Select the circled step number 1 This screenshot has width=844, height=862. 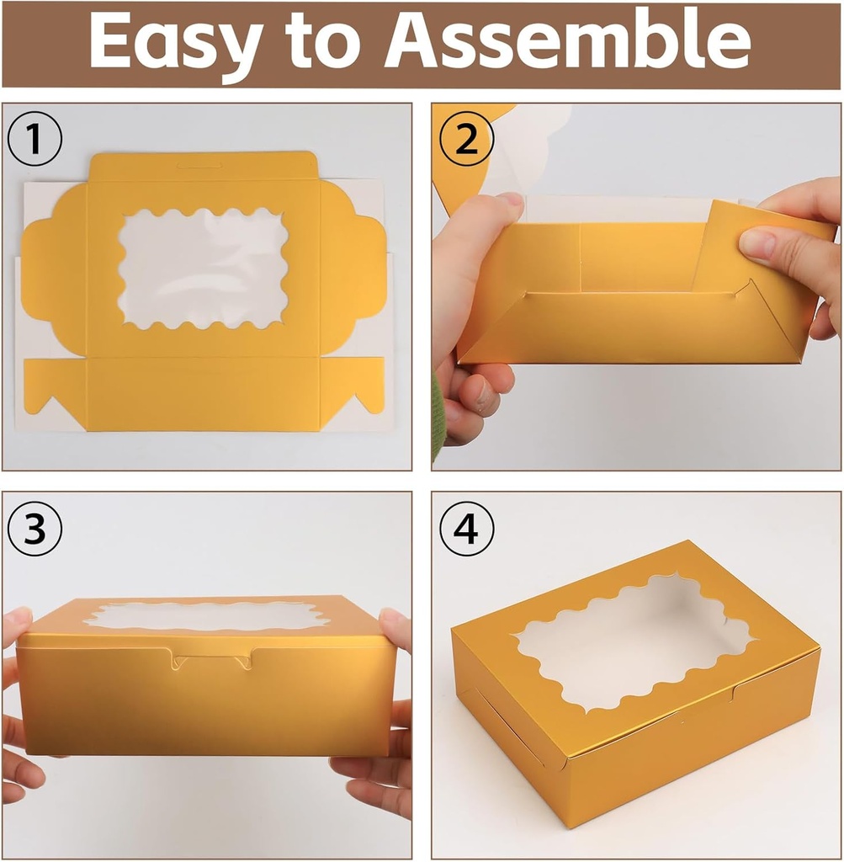(35, 140)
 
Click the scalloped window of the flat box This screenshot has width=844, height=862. (203, 268)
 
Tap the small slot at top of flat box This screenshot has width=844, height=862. (203, 165)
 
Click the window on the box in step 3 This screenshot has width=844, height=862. (205, 616)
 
